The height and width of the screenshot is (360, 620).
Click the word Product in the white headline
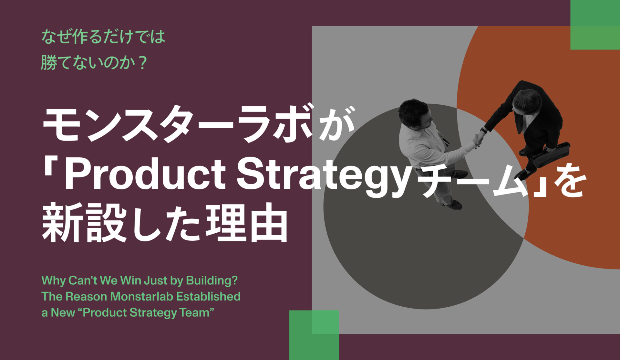145,175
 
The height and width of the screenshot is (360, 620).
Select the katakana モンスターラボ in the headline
178,124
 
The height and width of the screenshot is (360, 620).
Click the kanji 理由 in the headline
247,223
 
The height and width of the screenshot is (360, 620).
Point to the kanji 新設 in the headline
84,223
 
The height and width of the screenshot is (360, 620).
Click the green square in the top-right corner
595,25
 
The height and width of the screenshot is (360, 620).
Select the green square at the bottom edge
314,335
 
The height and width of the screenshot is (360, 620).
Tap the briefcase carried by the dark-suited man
551,154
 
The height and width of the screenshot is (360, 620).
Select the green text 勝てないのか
87,62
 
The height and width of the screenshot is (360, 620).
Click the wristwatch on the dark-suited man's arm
483,131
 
